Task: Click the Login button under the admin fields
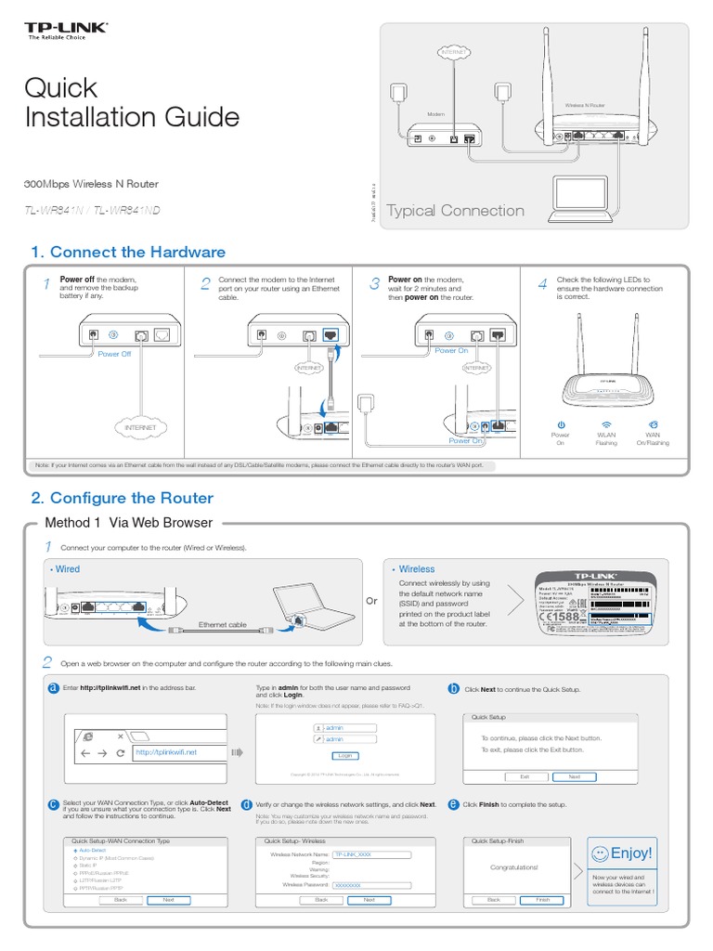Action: pos(345,755)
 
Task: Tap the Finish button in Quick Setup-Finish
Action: pos(542,899)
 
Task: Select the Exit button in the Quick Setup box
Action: pos(525,776)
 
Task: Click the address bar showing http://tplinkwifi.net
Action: pos(176,752)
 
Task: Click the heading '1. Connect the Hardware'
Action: pos(128,253)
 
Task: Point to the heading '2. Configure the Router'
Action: pos(122,498)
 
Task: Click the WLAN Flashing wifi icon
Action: pos(605,424)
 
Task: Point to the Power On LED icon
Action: pos(561,424)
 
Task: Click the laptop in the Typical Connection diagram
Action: pos(579,196)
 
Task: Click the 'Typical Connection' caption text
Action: pos(455,211)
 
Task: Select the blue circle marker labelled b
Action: pos(454,689)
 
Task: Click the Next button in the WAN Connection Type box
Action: pos(168,899)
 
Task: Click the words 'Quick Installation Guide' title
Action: pos(131,102)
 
